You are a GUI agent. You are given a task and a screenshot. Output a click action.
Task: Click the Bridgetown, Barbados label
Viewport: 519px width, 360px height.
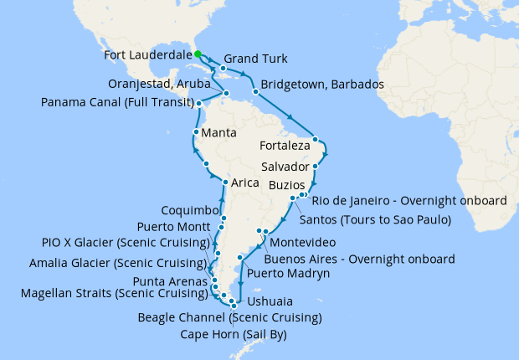coord(322,85)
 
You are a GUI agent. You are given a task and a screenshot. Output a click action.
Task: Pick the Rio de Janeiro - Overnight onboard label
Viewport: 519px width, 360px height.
coord(409,200)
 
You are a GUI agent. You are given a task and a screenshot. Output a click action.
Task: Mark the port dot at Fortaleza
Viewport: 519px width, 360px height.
coord(315,139)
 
